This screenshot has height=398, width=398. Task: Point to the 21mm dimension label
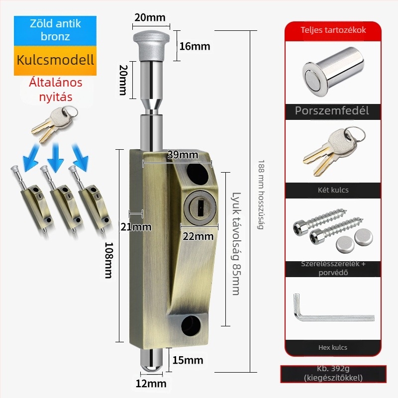click(136, 227)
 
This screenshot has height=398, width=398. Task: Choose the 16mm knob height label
click(195, 46)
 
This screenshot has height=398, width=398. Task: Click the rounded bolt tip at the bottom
click(151, 361)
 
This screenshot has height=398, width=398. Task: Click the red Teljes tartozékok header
click(333, 30)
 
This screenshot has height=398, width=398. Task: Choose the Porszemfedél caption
click(332, 110)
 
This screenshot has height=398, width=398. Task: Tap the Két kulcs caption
click(333, 190)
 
